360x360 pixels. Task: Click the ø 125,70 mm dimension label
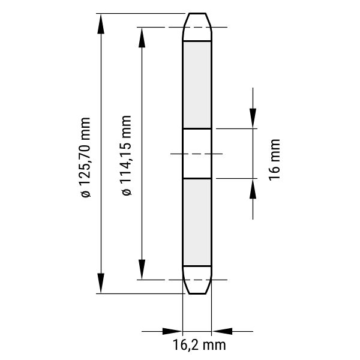coord(85,157)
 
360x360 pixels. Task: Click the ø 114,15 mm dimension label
coord(126,155)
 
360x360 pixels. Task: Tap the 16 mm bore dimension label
coord(274,160)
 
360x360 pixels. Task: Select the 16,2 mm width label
coord(199,345)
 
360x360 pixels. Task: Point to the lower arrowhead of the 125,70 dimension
coord(101,283)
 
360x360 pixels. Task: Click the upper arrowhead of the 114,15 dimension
coord(142,37)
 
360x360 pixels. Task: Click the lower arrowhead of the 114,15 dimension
coord(142,269)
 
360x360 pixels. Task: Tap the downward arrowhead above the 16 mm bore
coord(253,118)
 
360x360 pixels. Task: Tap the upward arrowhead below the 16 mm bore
coord(253,189)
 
